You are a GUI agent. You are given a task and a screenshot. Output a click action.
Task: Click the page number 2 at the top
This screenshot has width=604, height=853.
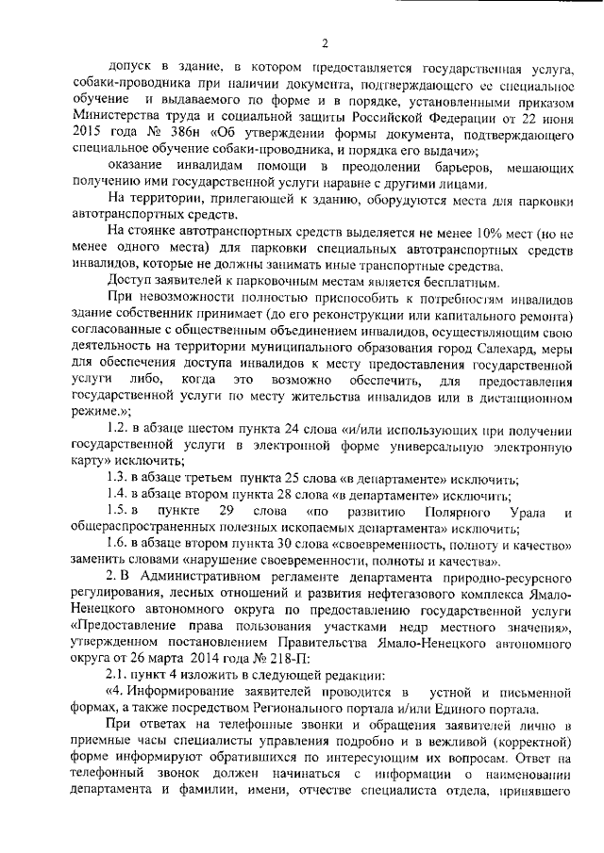pos(324,42)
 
